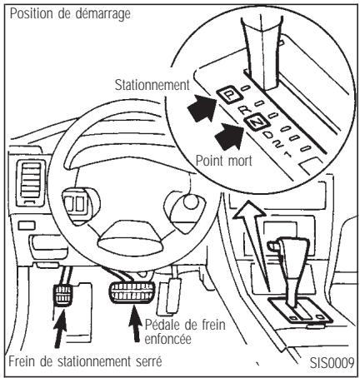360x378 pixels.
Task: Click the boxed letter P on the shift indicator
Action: pyautogui.click(x=229, y=95)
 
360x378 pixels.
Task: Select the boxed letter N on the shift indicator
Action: pyautogui.click(x=256, y=122)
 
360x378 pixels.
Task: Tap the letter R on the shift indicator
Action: pyautogui.click(x=245, y=110)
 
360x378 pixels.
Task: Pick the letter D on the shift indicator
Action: pyautogui.click(x=268, y=135)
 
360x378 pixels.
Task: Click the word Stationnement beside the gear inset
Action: pyautogui.click(x=152, y=85)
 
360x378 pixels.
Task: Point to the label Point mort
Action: pyautogui.click(x=224, y=161)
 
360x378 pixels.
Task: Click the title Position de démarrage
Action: pyautogui.click(x=70, y=13)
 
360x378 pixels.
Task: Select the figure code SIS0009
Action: pyautogui.click(x=332, y=362)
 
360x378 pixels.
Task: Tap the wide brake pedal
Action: pyautogui.click(x=132, y=292)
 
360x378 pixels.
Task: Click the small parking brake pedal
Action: pyautogui.click(x=63, y=295)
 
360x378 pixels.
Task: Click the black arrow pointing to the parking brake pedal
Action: pyautogui.click(x=60, y=328)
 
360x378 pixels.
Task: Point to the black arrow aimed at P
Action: pyautogui.click(x=202, y=107)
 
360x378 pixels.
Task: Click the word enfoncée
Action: pyautogui.click(x=168, y=339)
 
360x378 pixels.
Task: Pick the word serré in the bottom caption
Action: pyautogui.click(x=149, y=362)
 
